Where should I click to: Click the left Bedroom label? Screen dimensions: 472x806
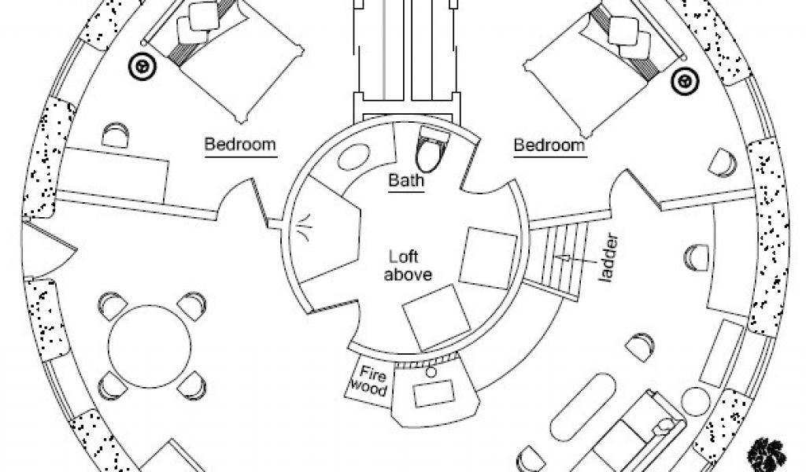240,145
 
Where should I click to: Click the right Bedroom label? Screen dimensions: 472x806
549,146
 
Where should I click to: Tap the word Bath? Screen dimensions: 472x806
407,181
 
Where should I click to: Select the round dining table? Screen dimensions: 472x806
150,345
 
